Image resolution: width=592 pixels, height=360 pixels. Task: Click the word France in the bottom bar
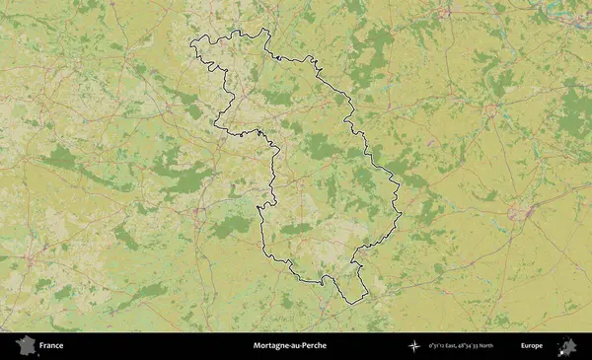tap(51, 346)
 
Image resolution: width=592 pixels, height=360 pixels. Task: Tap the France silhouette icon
tap(23, 346)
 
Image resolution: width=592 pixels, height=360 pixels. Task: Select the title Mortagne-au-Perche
tap(289, 346)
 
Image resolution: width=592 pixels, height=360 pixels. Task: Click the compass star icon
tap(412, 346)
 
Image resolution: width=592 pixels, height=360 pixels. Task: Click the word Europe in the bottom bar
tap(532, 346)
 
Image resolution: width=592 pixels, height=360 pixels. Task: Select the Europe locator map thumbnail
tap(568, 346)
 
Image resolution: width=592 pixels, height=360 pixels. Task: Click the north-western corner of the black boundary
tap(191, 40)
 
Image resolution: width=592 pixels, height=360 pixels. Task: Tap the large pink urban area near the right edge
tap(520, 212)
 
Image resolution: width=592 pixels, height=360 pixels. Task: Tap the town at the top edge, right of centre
tap(446, 12)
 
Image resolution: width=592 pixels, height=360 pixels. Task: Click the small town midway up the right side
tap(490, 110)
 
